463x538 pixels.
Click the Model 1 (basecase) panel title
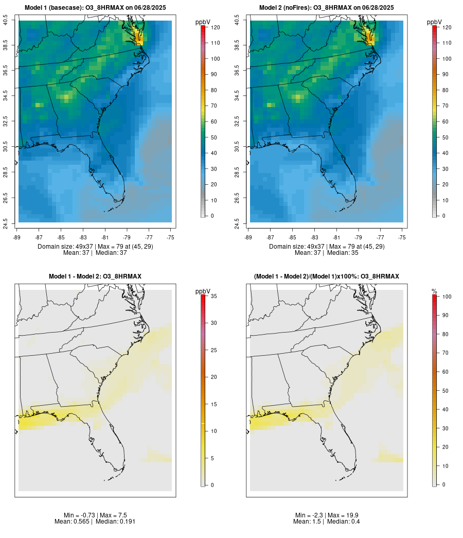[95, 8]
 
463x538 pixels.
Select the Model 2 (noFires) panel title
[327, 8]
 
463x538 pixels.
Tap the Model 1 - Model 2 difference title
[95, 276]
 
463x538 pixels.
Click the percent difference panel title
[327, 276]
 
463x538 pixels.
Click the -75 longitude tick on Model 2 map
[402, 237]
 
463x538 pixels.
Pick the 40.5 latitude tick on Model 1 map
[5, 21]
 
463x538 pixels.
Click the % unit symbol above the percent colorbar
[434, 291]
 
